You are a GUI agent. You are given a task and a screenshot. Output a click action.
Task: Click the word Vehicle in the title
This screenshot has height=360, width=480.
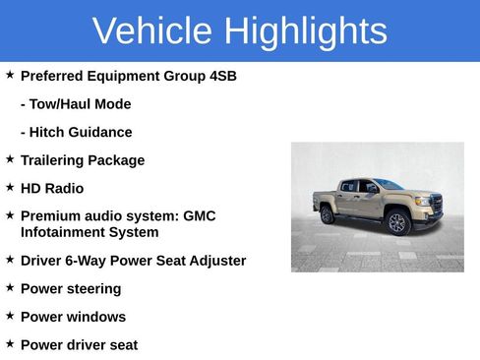coord(152,31)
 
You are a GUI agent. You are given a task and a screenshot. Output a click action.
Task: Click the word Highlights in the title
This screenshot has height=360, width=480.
coord(304,31)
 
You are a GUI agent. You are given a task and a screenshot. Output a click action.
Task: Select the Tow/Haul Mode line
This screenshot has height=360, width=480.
coord(76,104)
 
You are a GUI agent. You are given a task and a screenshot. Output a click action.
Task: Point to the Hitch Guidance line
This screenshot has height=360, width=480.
coord(76,132)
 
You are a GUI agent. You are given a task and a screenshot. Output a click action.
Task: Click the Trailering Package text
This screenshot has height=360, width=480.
coord(83,160)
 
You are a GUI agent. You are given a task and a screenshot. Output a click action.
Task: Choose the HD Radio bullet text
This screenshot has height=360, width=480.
coord(52,188)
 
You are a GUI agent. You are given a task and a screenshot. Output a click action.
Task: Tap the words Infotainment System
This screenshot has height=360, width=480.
coord(90,232)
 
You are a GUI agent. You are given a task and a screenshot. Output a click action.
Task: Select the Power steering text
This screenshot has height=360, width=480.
coord(71,289)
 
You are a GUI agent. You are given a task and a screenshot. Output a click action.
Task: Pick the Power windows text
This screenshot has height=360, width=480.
coord(73,317)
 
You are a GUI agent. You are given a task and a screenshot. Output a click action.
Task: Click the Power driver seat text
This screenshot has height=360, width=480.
coord(79,345)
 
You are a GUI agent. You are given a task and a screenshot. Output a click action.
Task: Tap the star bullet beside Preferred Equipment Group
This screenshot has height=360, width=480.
coord(10,75)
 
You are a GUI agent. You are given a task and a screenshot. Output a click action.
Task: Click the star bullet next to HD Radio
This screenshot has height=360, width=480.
coord(10,187)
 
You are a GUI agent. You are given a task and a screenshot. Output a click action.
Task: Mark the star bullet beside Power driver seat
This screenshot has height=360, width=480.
coord(10,344)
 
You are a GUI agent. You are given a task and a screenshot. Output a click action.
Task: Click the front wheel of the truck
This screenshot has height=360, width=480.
coord(398,222)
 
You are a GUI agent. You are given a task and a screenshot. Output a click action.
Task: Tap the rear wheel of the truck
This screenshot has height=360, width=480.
coord(328,214)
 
